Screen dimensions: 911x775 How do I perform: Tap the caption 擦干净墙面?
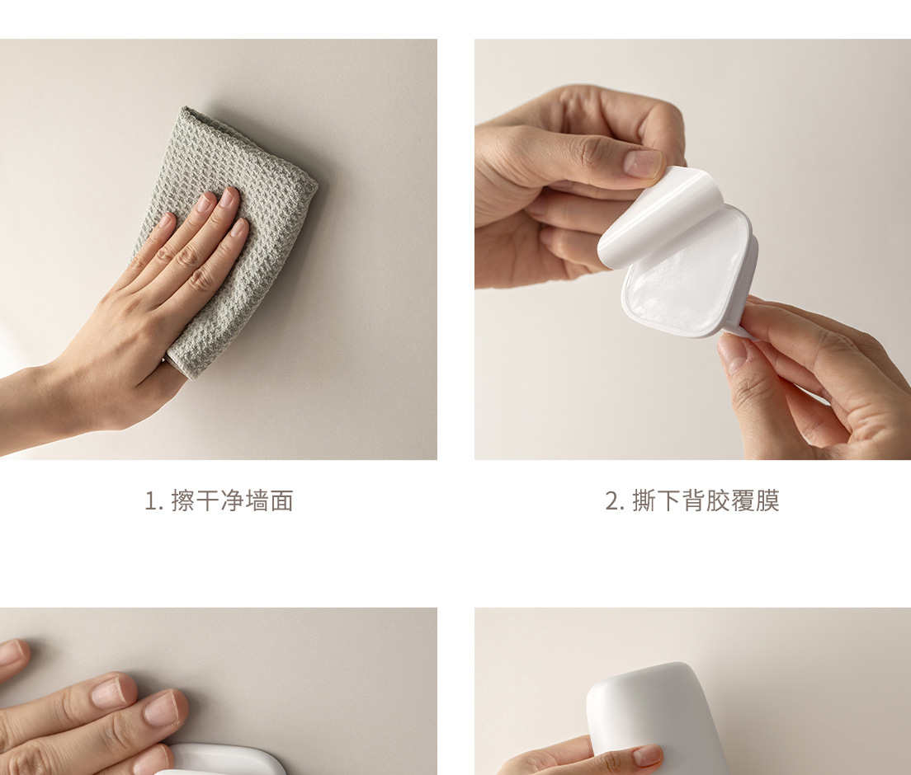coord(233,501)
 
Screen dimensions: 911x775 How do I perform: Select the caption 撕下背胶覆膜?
coord(706,501)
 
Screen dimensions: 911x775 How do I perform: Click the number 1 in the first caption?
coord(151,501)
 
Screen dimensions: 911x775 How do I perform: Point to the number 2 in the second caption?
coord(612,501)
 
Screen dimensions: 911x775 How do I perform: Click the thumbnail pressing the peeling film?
coord(643,163)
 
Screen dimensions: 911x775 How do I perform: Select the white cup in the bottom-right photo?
coord(657,719)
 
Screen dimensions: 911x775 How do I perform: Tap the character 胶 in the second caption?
coord(718,501)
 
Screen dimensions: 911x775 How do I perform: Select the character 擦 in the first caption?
coord(183,501)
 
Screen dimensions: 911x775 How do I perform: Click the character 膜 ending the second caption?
coord(767,501)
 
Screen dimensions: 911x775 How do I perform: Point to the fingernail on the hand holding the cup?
coord(647,755)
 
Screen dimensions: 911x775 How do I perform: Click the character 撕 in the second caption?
coord(644,501)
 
